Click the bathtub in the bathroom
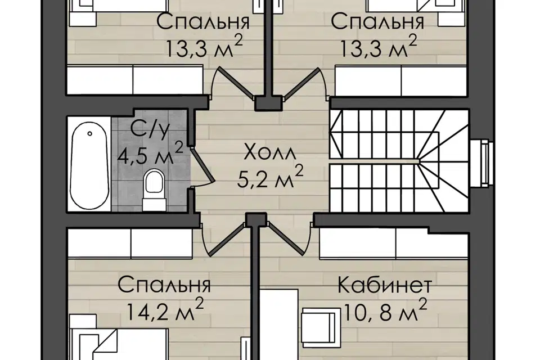89,164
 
